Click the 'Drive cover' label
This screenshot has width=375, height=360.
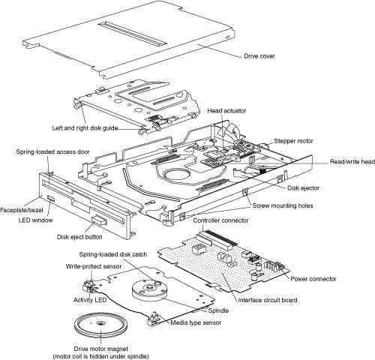click(x=259, y=56)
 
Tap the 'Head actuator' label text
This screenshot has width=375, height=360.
click(x=226, y=111)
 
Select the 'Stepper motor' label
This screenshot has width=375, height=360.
click(x=293, y=141)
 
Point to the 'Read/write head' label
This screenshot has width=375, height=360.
click(x=352, y=162)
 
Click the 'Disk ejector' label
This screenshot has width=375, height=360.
click(x=303, y=188)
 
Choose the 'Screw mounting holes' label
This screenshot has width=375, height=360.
click(x=283, y=205)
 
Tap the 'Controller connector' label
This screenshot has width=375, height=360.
click(x=220, y=220)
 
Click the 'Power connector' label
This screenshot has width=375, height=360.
click(x=313, y=279)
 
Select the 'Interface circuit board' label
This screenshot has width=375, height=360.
click(x=268, y=300)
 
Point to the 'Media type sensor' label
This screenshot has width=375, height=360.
click(x=196, y=322)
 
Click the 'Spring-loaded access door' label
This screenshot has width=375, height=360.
click(x=52, y=152)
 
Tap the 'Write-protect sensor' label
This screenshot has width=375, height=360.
click(x=94, y=266)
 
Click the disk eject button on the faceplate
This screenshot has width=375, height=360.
click(x=100, y=220)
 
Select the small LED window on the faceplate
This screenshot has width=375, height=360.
click(x=51, y=199)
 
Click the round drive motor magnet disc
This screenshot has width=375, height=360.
click(x=101, y=324)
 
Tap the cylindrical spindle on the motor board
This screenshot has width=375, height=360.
click(x=150, y=290)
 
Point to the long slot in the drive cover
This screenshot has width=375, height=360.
click(x=132, y=34)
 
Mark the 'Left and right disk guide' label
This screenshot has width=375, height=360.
click(x=85, y=128)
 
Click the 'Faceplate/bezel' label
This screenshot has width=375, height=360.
click(x=22, y=210)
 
